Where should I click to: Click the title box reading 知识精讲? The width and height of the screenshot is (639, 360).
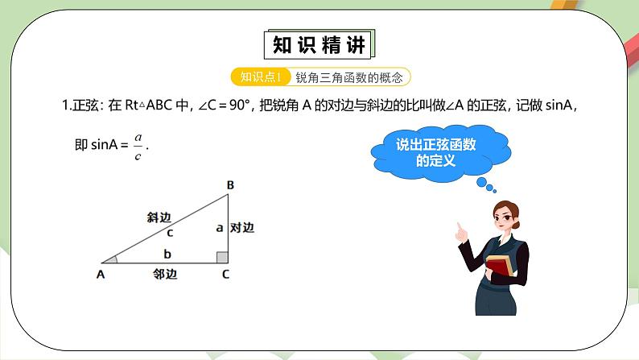click(319, 45)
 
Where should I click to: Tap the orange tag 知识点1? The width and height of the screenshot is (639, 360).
click(260, 77)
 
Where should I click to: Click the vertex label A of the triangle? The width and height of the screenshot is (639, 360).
click(101, 275)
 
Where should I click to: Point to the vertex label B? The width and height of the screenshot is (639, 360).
click(230, 186)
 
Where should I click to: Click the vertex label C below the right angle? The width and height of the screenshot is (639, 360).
click(225, 275)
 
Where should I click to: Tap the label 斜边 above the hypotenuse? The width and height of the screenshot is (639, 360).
click(159, 217)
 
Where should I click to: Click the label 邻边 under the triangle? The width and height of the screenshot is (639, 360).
click(165, 275)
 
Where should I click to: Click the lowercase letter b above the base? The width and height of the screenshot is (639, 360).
click(167, 254)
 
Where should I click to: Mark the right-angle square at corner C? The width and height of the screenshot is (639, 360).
click(222, 257)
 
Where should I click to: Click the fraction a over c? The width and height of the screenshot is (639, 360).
click(138, 147)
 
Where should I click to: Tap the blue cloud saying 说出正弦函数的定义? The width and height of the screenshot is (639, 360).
click(437, 152)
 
